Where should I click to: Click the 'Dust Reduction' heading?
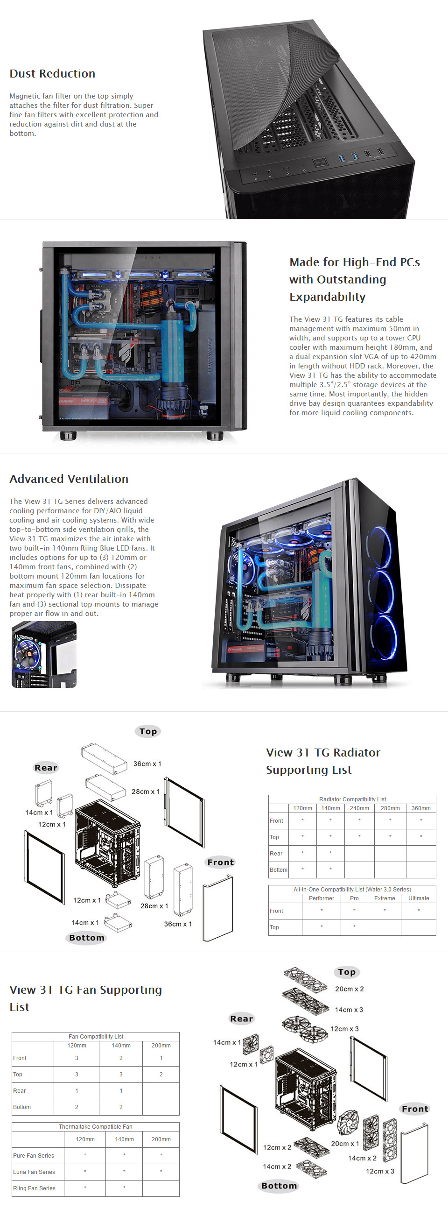[x=53, y=74]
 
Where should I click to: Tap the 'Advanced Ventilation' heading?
[x=69, y=479]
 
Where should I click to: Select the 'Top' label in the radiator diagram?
[x=148, y=731]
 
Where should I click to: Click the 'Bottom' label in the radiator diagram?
[x=87, y=938]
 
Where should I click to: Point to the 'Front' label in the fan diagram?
[x=415, y=1109]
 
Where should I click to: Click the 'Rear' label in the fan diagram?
[x=242, y=1018]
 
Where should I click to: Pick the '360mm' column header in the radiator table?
[x=421, y=808]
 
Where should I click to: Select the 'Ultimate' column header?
[x=419, y=898]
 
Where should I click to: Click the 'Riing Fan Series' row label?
[x=34, y=1188]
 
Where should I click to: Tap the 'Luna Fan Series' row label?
[x=34, y=1172]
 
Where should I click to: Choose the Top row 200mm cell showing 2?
[x=161, y=1075]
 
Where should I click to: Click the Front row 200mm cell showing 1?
[x=161, y=1058]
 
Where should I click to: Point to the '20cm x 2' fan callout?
[x=349, y=989]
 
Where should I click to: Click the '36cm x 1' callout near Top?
[x=147, y=764]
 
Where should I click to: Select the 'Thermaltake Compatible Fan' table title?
[x=96, y=1126]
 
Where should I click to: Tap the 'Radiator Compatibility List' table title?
[x=352, y=799]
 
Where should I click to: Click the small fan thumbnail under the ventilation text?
[x=43, y=655]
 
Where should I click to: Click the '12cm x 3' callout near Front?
[x=380, y=1171]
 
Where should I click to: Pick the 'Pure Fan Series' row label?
[x=33, y=1155]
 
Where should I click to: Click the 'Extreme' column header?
[x=384, y=898]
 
